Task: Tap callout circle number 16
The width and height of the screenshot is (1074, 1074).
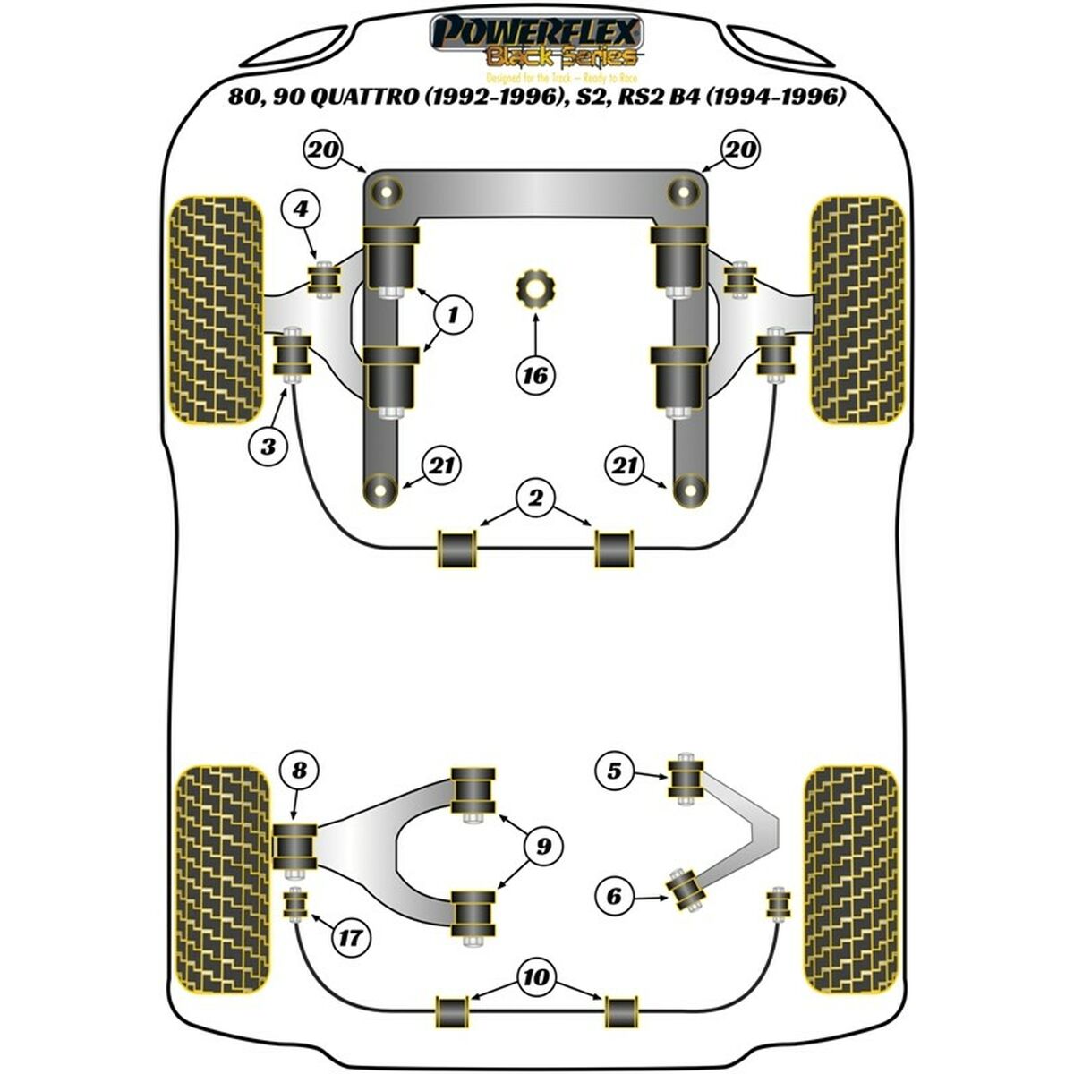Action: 535,376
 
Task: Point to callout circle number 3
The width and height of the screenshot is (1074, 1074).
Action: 268,445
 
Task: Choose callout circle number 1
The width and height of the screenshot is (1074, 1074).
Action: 454,314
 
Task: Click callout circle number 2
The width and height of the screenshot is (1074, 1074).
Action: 535,498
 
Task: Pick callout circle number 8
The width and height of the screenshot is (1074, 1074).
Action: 299,770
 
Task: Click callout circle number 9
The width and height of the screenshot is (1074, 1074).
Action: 543,844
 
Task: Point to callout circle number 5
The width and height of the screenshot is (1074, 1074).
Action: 614,770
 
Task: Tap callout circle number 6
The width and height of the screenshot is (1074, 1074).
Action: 614,895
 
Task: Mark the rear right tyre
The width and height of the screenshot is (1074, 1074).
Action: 850,880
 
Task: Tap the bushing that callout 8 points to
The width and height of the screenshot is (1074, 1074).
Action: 294,844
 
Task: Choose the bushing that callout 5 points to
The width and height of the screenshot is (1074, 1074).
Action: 687,779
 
